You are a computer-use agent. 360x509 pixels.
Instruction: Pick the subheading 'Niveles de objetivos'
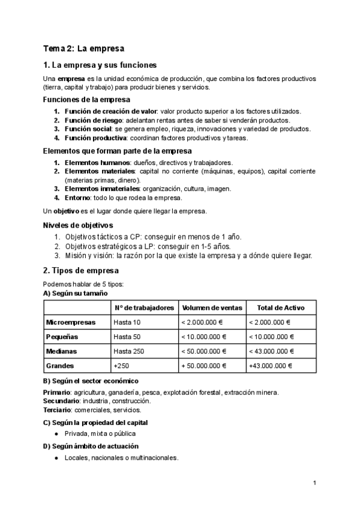point(78,225)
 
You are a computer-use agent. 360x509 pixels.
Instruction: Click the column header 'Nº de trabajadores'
point(143,307)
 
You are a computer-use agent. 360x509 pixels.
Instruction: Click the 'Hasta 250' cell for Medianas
point(128,351)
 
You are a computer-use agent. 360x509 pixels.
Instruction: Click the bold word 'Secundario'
point(62,401)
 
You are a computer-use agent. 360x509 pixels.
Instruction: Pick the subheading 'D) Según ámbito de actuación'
point(91,446)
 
